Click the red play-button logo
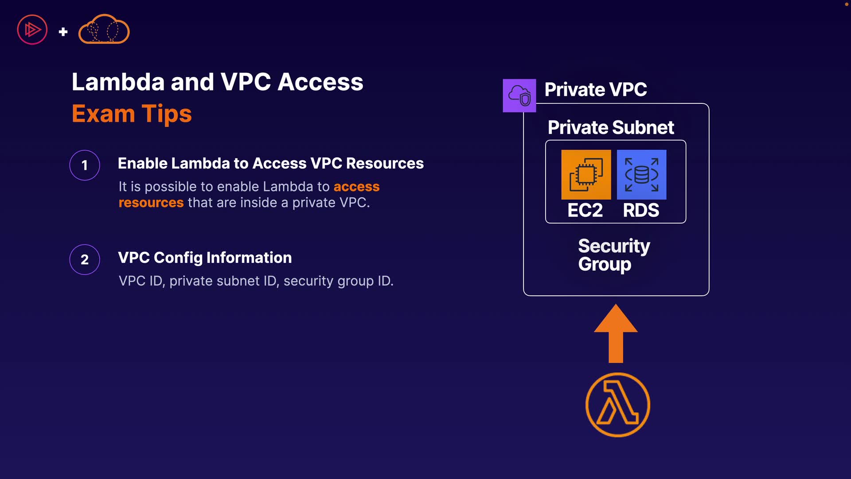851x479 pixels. point(32,30)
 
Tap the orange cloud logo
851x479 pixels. point(104,30)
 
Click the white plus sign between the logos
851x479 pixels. point(63,31)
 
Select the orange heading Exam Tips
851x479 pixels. point(132,114)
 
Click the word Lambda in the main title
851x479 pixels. point(118,82)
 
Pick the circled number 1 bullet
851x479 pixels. point(85,165)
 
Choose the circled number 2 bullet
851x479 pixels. point(85,259)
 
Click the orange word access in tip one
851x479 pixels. point(356,187)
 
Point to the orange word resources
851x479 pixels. point(151,203)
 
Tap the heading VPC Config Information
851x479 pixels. point(205,258)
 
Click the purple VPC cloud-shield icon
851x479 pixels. point(519,95)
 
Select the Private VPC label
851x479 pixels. point(595,90)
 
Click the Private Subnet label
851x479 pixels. point(611,128)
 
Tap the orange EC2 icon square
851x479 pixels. point(586,174)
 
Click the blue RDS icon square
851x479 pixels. point(641,174)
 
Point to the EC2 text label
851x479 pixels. point(585,210)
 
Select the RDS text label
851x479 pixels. point(641,210)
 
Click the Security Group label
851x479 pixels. point(614,255)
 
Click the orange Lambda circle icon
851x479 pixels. point(617,404)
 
